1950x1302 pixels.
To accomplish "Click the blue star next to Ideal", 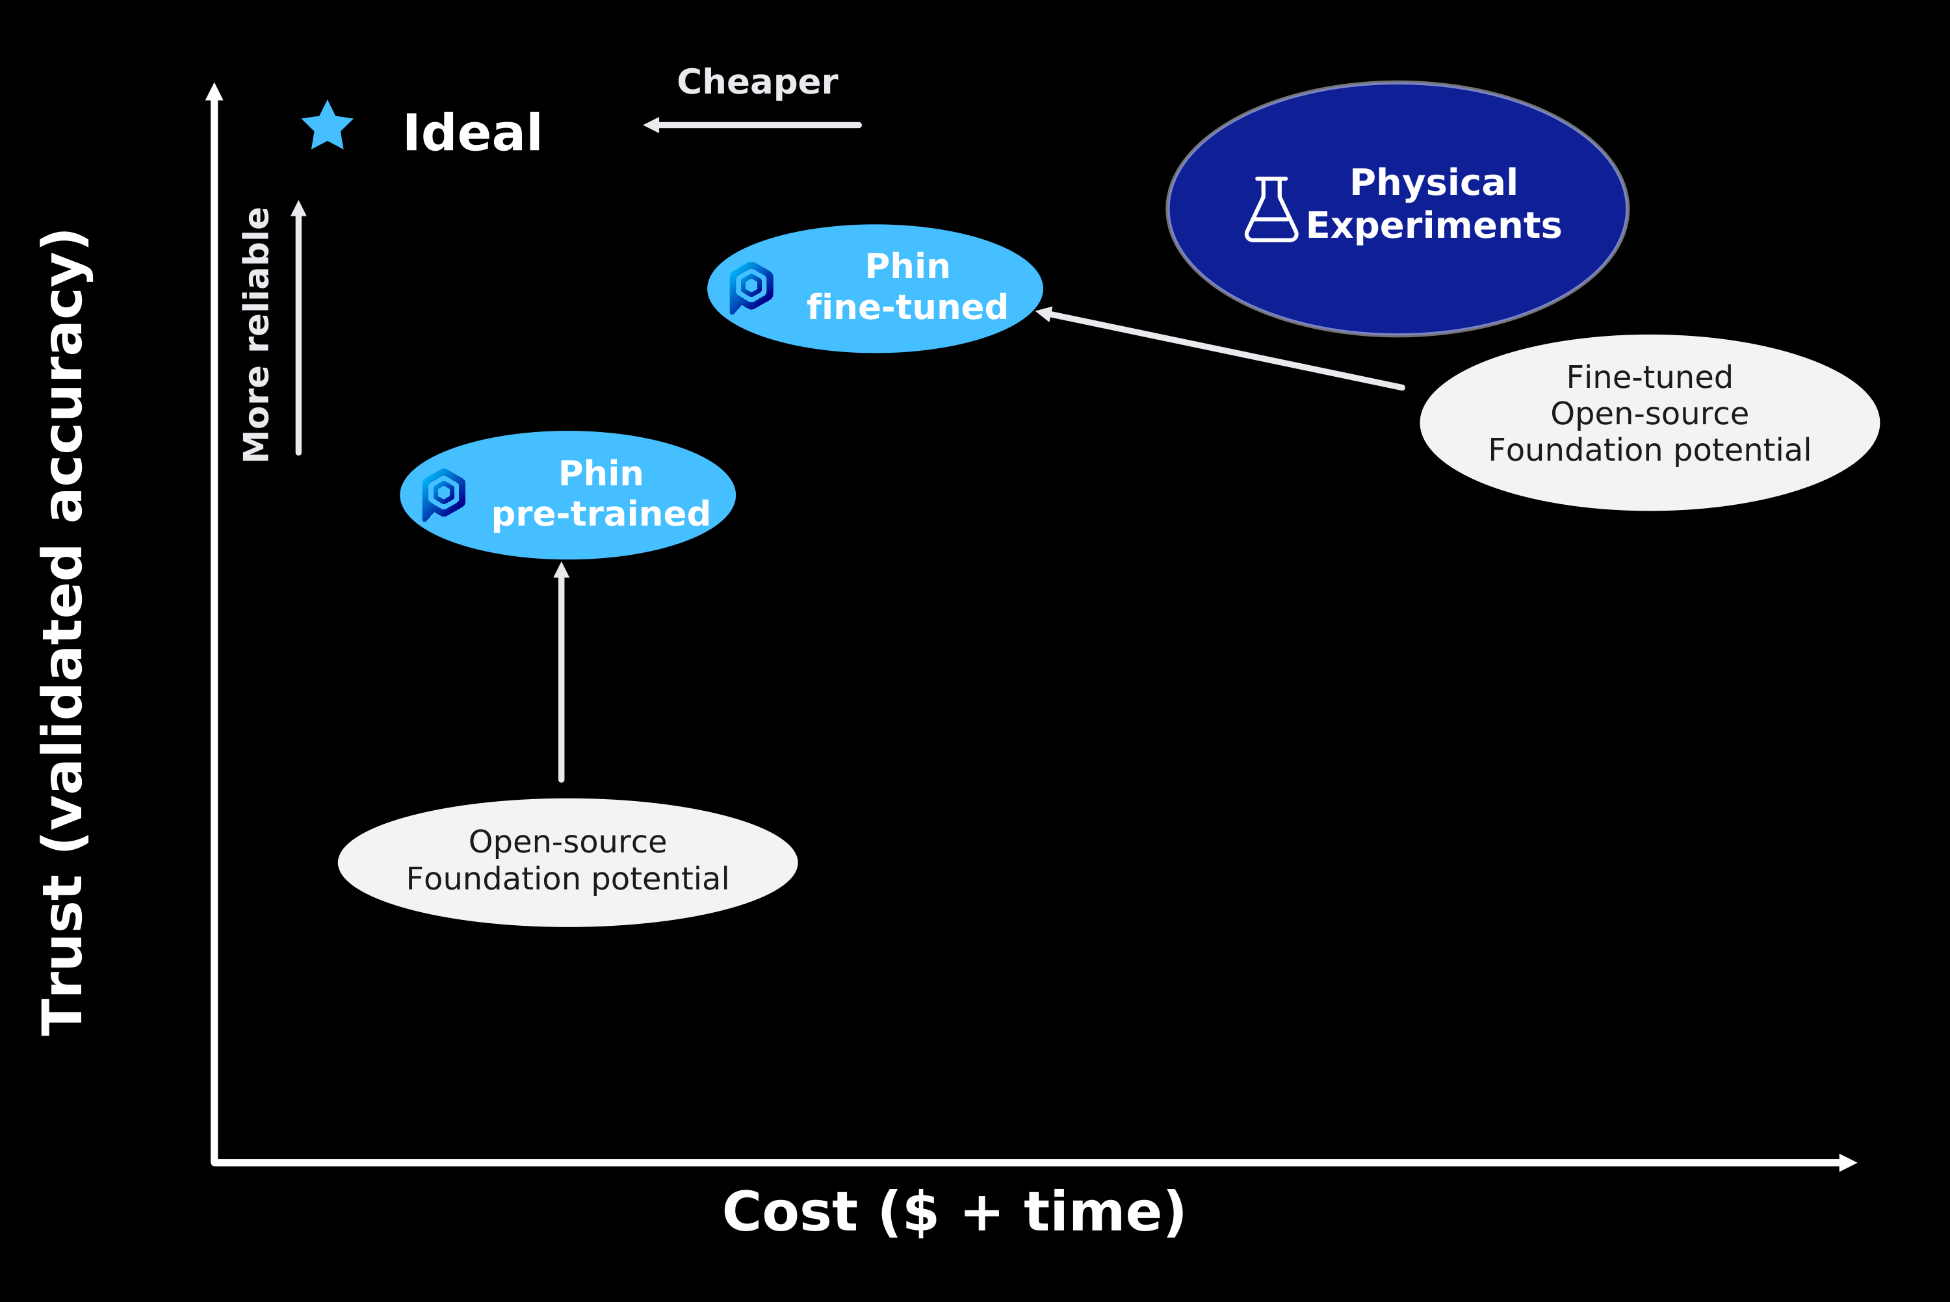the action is point(327,126).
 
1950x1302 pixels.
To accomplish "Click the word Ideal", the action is point(473,133).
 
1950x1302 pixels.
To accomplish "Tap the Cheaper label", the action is point(757,83).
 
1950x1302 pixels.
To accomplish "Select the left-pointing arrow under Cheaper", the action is point(751,125).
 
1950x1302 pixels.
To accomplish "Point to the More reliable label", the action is point(256,335).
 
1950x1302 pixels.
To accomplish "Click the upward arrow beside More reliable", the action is point(299,328).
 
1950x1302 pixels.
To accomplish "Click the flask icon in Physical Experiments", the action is point(1271,209).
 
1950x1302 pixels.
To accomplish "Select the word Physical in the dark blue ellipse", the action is point(1433,183).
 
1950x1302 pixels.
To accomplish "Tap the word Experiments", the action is point(1433,226).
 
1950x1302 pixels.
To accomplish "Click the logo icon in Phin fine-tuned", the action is point(751,287).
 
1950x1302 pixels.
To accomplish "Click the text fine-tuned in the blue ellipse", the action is point(907,307).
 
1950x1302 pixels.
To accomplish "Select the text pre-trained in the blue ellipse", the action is point(601,515).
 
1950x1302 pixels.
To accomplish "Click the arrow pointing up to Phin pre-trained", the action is point(562,672).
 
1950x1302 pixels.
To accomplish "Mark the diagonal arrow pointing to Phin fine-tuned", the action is point(1219,348).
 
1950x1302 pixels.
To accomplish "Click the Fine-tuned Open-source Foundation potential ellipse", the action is point(1649,423).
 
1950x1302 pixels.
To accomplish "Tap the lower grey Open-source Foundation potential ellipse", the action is point(568,863).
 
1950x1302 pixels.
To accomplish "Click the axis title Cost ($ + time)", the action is point(954,1213).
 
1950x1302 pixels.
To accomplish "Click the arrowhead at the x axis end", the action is point(1848,1162).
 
